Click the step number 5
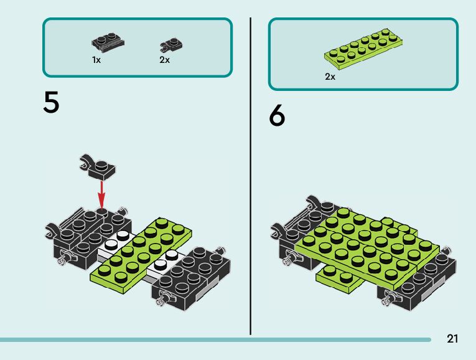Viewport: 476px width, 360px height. tap(52, 103)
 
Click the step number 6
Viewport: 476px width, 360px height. tap(278, 116)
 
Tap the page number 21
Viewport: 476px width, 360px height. tap(452, 339)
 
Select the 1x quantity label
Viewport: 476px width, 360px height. tap(96, 60)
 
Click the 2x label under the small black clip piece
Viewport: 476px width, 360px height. tap(164, 60)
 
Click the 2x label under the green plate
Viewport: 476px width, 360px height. tap(330, 77)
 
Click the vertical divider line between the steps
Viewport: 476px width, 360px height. tap(250, 174)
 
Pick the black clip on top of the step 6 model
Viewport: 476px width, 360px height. tap(315, 202)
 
